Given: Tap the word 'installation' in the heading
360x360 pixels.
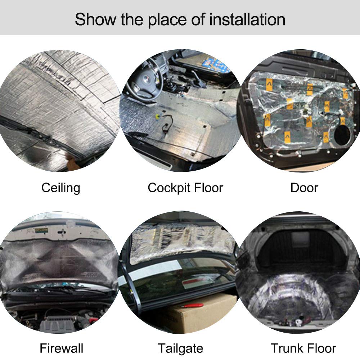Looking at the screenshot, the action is click(x=247, y=19).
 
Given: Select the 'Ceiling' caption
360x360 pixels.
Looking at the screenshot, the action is click(x=61, y=188).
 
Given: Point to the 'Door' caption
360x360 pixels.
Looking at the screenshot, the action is click(x=304, y=188).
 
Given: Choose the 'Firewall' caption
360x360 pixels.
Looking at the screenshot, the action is click(x=62, y=348).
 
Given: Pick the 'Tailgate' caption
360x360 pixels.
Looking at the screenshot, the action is click(x=180, y=348).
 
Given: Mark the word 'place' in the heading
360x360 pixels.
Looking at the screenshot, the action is click(x=167, y=20).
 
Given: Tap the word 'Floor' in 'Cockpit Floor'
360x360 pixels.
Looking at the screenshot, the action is click(x=209, y=188).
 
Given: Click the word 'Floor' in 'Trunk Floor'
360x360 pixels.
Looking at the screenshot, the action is click(x=323, y=348).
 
